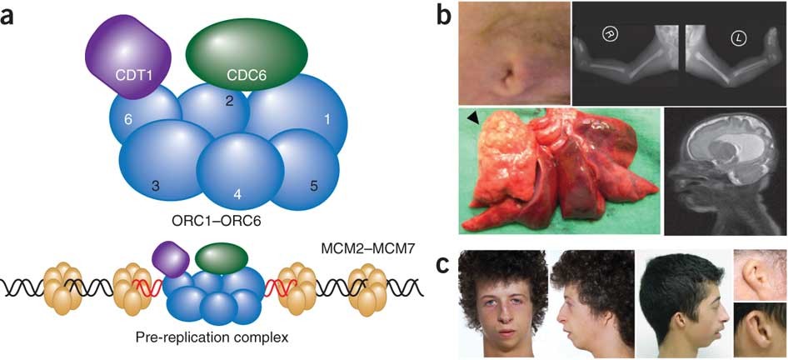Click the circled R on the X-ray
610,34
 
